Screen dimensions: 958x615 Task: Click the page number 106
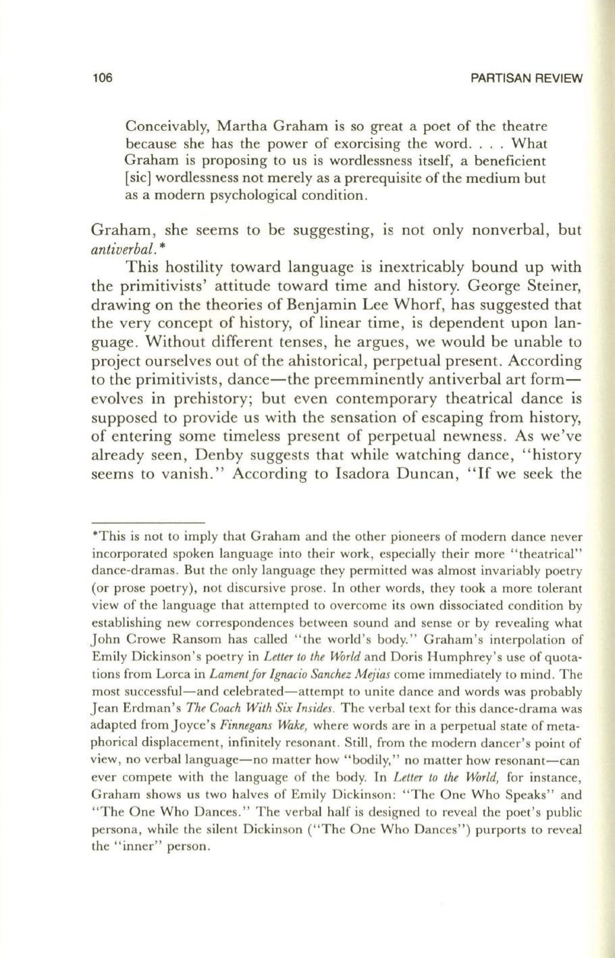tap(101, 78)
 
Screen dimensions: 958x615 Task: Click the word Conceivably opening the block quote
tap(161, 127)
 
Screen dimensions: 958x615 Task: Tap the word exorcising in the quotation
tap(361, 144)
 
